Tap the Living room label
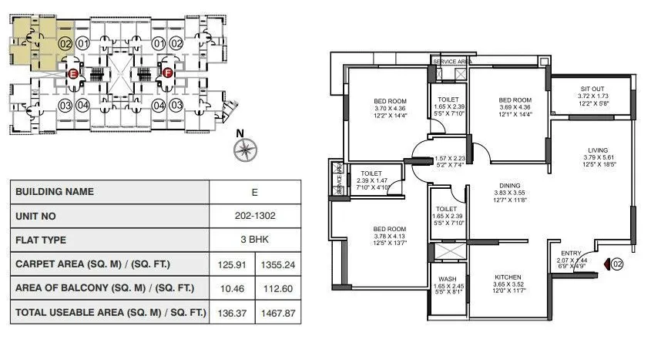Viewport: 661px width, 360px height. click(x=597, y=150)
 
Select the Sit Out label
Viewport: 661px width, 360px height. click(x=592, y=89)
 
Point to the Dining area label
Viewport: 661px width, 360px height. click(x=509, y=186)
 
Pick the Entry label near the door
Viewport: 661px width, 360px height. click(x=571, y=252)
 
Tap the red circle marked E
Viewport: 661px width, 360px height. click(x=73, y=74)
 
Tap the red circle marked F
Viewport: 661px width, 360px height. click(x=167, y=74)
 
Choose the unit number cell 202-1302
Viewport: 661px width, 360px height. click(x=255, y=217)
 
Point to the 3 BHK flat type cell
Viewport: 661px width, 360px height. click(x=255, y=240)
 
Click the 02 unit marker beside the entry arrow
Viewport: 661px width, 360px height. click(x=616, y=264)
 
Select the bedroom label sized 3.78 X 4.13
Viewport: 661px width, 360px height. click(x=389, y=229)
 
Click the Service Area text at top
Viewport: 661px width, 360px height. click(x=451, y=61)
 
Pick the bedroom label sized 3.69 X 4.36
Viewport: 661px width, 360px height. click(x=515, y=100)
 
